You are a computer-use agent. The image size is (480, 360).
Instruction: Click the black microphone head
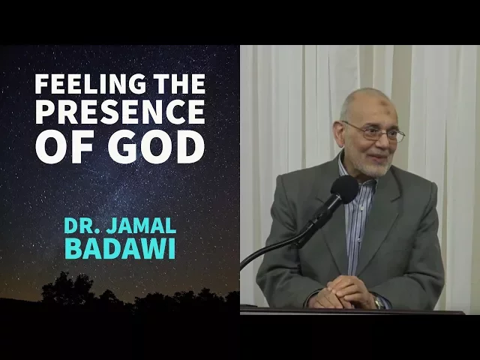345,189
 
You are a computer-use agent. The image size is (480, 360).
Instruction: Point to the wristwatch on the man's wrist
379,301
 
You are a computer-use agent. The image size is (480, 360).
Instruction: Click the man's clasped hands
349,292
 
